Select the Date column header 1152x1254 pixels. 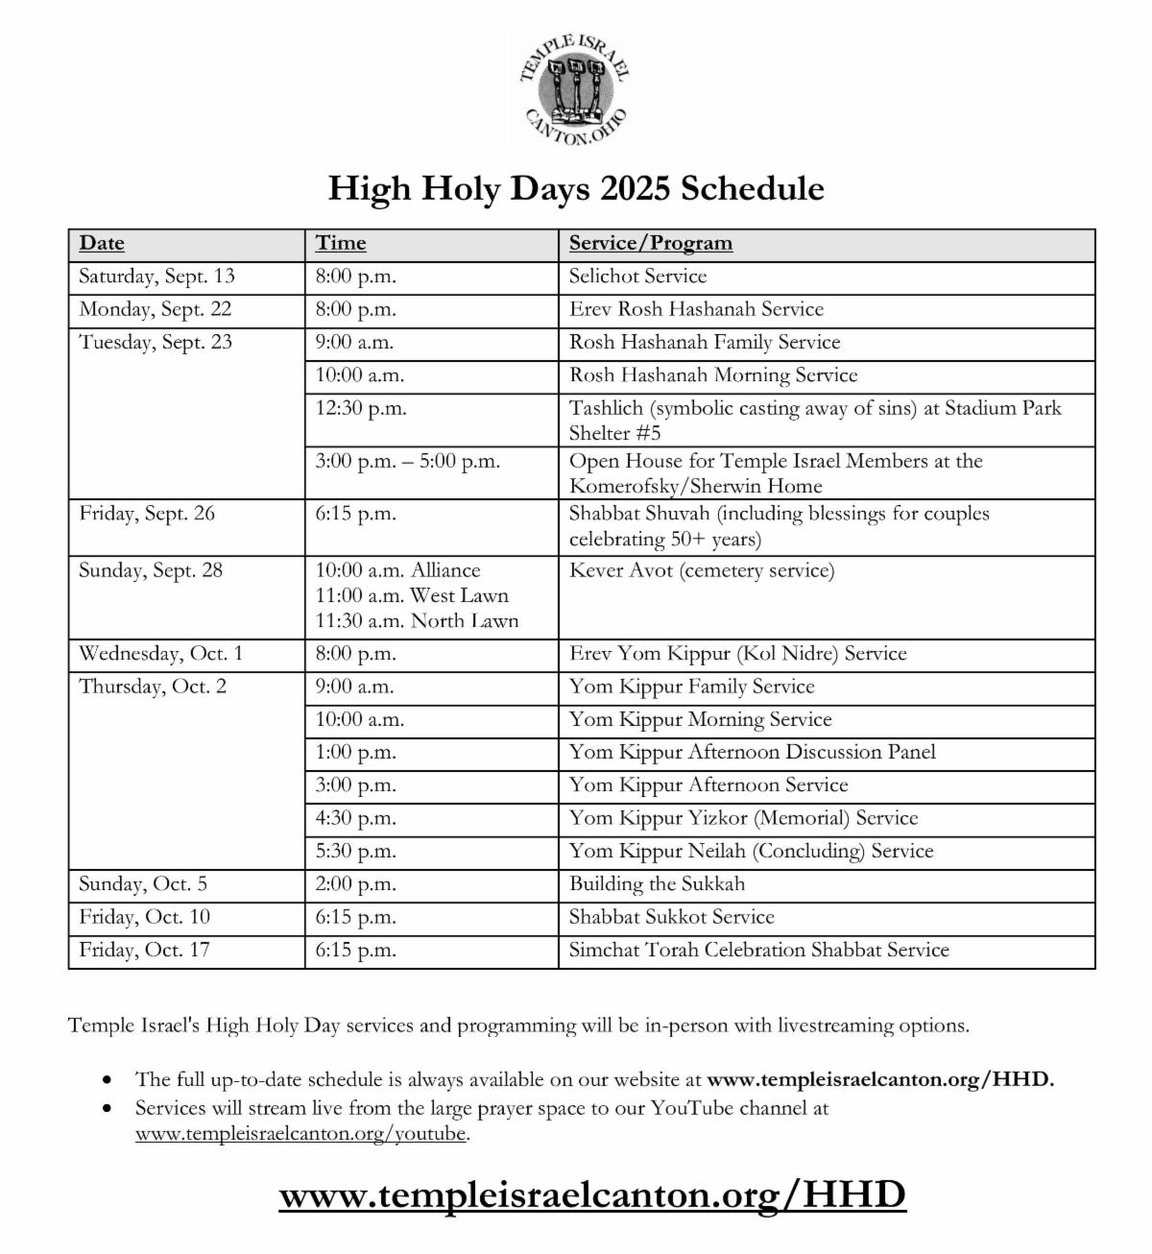(102, 244)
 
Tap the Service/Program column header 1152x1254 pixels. (650, 244)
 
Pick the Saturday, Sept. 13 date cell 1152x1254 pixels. (156, 277)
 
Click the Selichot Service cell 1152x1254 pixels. (637, 277)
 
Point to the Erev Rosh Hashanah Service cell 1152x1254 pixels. (696, 309)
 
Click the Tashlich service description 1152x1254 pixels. (815, 420)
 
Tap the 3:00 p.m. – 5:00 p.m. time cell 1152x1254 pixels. (408, 461)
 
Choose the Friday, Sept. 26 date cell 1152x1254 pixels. (147, 514)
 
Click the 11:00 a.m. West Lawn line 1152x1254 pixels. (412, 595)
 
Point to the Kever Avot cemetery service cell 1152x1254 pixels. (702, 571)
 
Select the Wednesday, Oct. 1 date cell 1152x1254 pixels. (160, 654)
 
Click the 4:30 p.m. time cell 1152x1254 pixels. (356, 818)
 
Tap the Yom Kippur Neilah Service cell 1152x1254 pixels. (751, 851)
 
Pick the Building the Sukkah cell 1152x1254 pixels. (657, 883)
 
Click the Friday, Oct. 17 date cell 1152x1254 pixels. (144, 950)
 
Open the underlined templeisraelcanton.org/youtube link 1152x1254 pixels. (301, 1133)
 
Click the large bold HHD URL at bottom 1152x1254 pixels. (592, 1195)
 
